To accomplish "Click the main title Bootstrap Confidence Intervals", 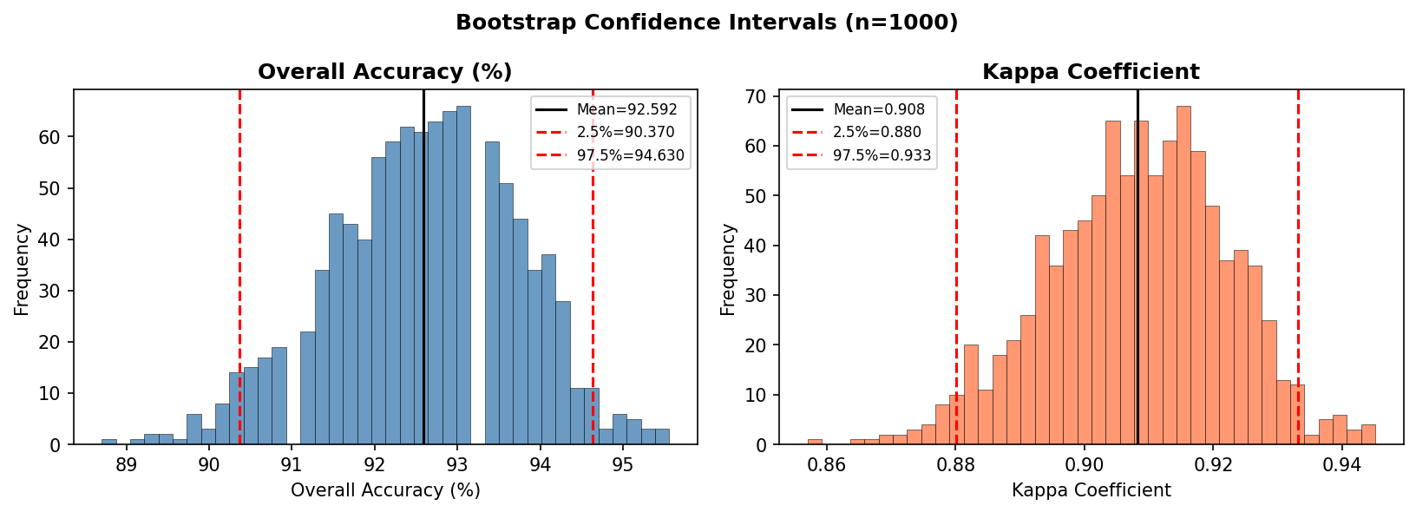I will (x=707, y=23).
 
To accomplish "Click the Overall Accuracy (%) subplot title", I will (x=385, y=72).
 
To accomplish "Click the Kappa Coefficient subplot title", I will (x=1091, y=72).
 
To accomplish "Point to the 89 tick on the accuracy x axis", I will (x=126, y=465).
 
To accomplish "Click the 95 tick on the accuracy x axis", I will (x=623, y=465).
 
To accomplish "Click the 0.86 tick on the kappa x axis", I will (x=827, y=465).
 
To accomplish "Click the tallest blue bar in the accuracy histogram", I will (x=463, y=278).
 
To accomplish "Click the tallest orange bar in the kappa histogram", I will (x=1183, y=278).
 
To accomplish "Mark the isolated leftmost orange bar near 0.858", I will (x=815, y=442).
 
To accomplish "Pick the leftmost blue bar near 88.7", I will (x=108, y=442).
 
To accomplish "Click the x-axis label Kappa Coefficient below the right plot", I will (x=1091, y=490).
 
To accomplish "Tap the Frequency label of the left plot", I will (x=23, y=268).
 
